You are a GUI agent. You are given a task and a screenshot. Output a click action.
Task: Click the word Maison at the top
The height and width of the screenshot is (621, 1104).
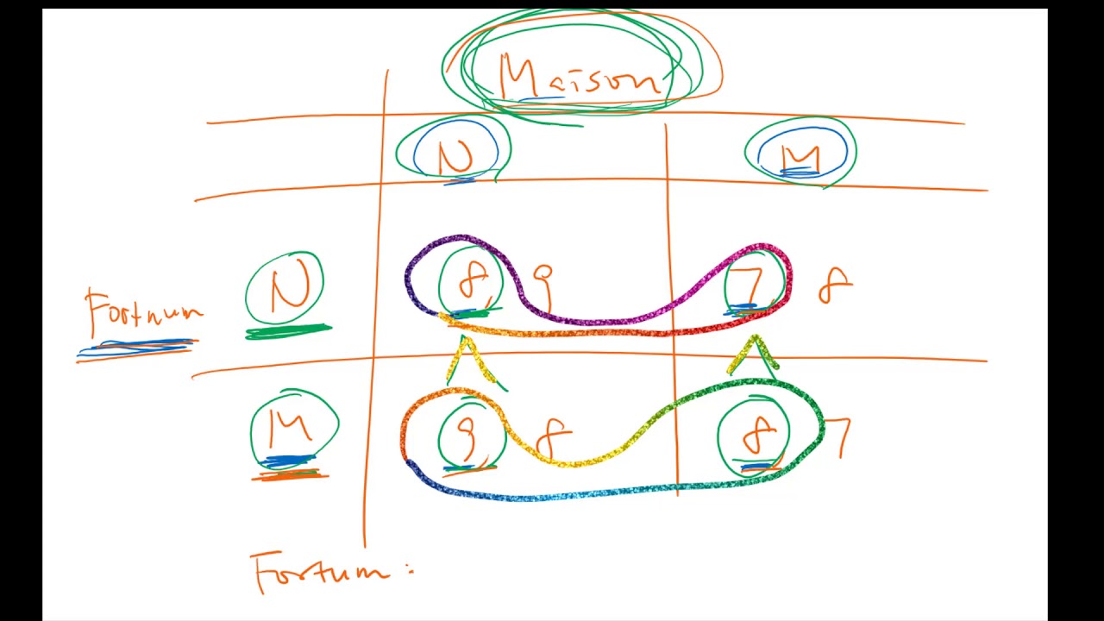[x=580, y=76]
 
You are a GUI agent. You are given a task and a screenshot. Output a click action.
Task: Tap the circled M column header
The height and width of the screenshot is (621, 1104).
[x=800, y=155]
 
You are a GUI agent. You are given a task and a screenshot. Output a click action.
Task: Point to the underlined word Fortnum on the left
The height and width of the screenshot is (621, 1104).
[x=142, y=312]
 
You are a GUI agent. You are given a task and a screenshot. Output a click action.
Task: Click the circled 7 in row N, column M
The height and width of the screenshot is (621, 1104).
[x=752, y=281]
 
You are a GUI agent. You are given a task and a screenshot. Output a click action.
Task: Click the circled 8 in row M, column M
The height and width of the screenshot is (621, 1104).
[x=756, y=436]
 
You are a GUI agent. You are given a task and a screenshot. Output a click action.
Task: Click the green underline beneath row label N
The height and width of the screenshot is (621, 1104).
[x=288, y=331]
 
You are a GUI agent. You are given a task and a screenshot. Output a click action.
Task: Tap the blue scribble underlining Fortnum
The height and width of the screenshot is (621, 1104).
[x=138, y=348]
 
